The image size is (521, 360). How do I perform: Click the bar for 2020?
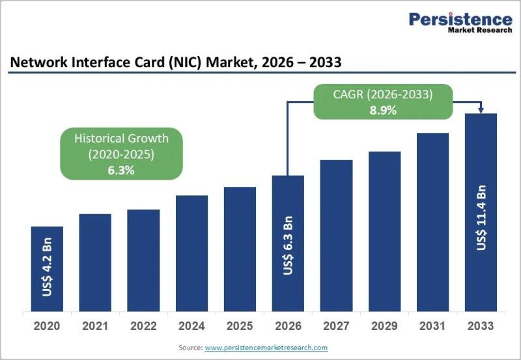(47, 269)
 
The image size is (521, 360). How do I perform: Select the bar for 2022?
(143, 260)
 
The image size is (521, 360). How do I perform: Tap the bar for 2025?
(240, 249)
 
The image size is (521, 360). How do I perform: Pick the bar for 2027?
(336, 236)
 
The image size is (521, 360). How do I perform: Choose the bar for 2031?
(432, 222)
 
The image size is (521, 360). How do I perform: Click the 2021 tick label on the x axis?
(95, 325)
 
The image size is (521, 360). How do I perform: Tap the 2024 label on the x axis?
(191, 325)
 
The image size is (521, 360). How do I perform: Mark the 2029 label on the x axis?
(384, 325)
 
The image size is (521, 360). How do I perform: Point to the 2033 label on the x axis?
(481, 325)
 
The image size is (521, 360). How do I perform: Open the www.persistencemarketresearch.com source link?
(266, 348)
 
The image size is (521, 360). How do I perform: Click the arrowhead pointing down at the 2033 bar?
(481, 109)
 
